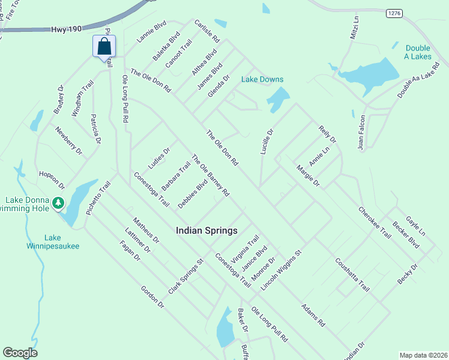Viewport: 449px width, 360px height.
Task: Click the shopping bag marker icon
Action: [104, 46]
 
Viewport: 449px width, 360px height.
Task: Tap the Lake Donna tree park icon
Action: [58, 203]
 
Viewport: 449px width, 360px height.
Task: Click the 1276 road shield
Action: [393, 13]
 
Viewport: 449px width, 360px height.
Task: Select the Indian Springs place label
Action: [206, 230]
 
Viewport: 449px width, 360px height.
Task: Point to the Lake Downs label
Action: [262, 79]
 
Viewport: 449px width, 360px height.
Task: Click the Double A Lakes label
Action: [418, 52]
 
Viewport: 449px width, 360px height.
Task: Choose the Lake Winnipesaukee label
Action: [53, 241]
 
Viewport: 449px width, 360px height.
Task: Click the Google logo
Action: [20, 353]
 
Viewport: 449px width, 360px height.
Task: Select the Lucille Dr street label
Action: [267, 142]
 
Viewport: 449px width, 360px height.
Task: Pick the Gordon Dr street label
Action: [152, 296]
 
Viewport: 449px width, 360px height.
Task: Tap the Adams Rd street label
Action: [313, 314]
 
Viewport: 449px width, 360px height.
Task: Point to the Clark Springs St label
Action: [187, 277]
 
